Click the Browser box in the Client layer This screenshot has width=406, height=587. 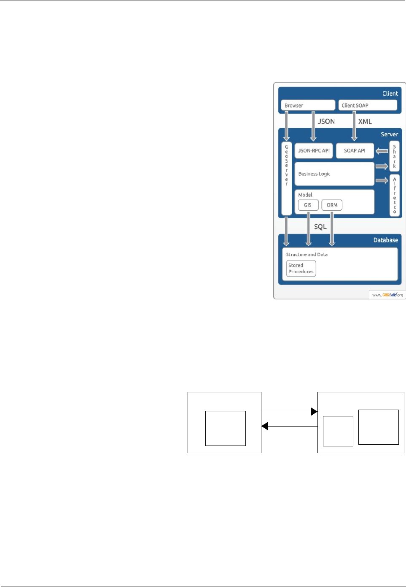click(x=308, y=105)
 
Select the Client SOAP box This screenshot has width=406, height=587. click(x=368, y=105)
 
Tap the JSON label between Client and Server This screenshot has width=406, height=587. click(x=326, y=122)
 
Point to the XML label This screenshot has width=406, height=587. click(x=365, y=122)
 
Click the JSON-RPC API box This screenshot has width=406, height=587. click(x=314, y=151)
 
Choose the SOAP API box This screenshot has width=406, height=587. click(x=355, y=151)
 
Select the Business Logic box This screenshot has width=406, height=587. click(x=334, y=174)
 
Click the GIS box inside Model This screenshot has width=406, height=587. click(x=308, y=205)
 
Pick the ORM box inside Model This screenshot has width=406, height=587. click(x=332, y=205)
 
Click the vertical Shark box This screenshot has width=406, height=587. click(x=394, y=156)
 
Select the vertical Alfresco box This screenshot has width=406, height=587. click(x=395, y=195)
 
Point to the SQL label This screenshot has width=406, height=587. click(x=320, y=227)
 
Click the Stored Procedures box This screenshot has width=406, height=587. click(x=301, y=269)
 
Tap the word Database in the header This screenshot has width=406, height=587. click(x=385, y=240)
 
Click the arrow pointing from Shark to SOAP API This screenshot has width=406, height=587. click(x=382, y=151)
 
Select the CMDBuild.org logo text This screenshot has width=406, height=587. click(x=387, y=295)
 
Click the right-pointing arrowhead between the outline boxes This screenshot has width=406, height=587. click(x=314, y=411)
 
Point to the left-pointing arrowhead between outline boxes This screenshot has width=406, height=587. click(x=265, y=426)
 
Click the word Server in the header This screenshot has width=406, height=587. click(x=389, y=134)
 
